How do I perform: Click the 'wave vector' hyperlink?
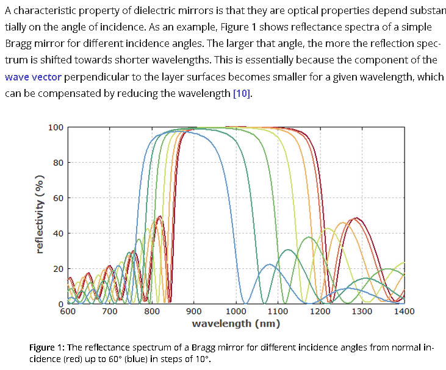(x=32, y=77)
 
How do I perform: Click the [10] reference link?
(x=242, y=94)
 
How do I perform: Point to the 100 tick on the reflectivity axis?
(x=56, y=127)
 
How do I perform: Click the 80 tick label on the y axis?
(x=58, y=163)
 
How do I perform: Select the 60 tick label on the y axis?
(x=58, y=198)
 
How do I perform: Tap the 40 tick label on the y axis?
(x=58, y=233)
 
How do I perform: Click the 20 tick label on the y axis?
(x=58, y=269)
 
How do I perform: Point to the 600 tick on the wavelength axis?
(x=68, y=311)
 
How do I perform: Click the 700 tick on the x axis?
(x=110, y=311)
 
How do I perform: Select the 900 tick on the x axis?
(x=194, y=311)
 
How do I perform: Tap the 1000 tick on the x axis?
(x=236, y=311)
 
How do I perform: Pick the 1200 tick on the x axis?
(x=320, y=311)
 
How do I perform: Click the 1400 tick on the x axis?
(x=404, y=311)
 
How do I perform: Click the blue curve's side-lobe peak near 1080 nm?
(x=269, y=265)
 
